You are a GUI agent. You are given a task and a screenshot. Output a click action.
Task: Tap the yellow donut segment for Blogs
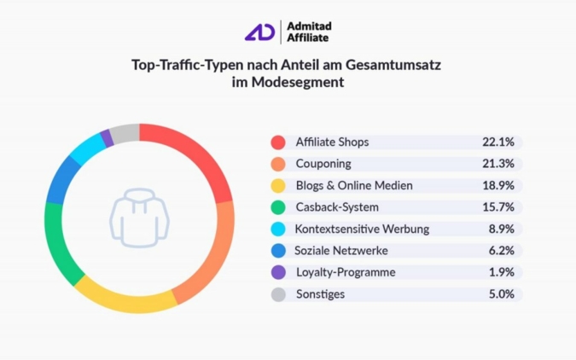click(x=128, y=299)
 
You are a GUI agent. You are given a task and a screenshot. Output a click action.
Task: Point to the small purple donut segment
click(x=107, y=136)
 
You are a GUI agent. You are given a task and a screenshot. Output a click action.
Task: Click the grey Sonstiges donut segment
click(x=125, y=132)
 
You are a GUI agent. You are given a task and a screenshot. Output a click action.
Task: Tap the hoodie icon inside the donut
click(x=139, y=218)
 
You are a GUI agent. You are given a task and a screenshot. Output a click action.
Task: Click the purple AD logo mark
click(x=259, y=32)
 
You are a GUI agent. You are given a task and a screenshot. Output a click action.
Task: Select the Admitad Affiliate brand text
click(x=308, y=32)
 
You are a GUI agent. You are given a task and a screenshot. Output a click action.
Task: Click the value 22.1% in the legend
click(x=497, y=142)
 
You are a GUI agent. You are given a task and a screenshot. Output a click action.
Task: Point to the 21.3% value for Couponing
click(x=497, y=164)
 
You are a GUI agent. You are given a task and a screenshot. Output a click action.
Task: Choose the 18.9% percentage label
click(x=497, y=185)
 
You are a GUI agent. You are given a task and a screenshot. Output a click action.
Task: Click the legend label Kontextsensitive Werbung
click(x=362, y=229)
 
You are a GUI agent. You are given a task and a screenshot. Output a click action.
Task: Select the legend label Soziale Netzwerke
click(x=341, y=251)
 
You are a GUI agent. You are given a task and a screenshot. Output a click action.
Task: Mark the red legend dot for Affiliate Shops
click(x=277, y=142)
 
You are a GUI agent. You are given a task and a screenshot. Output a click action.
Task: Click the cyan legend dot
click(x=277, y=229)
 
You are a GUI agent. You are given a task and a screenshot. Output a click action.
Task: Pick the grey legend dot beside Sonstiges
click(x=277, y=294)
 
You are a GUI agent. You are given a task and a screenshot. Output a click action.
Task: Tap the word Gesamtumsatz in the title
click(x=397, y=64)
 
